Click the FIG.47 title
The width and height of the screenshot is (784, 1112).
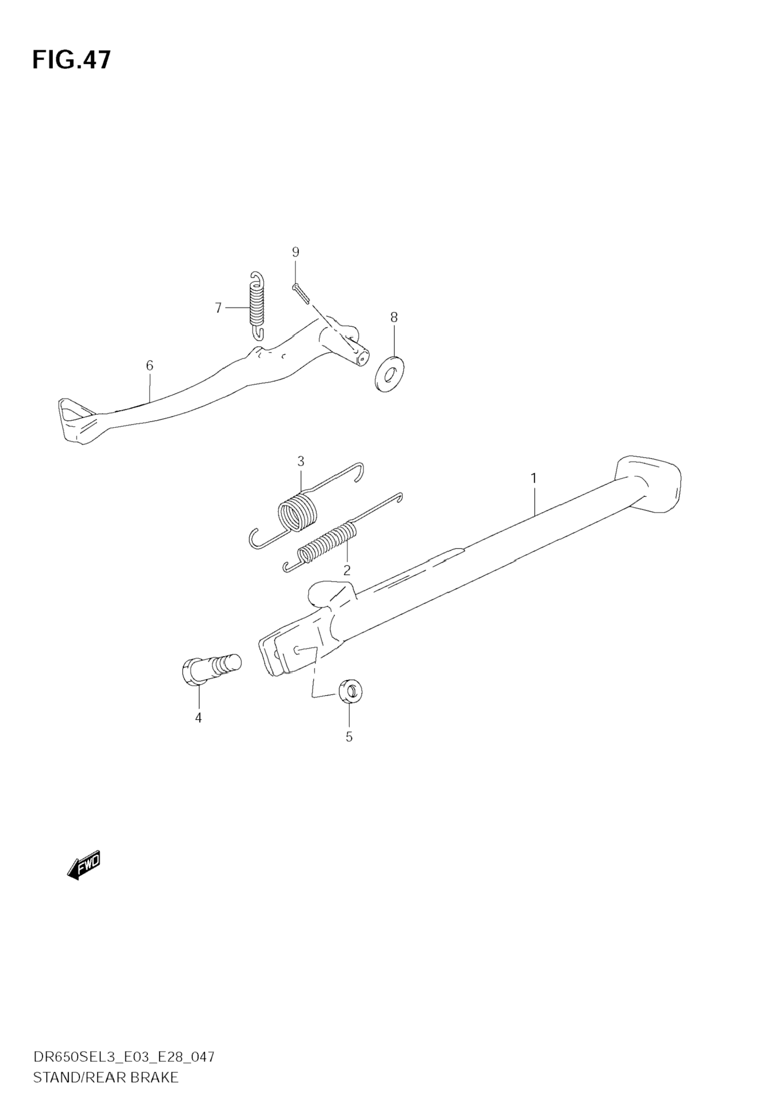[72, 60]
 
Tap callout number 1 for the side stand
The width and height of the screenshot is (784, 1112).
[533, 478]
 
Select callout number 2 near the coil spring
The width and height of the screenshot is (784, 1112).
[346, 570]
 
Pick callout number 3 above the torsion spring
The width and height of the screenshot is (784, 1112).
[301, 461]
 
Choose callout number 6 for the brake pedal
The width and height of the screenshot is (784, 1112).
[149, 366]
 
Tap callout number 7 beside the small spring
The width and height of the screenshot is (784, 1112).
[218, 307]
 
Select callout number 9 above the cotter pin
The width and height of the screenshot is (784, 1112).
[295, 252]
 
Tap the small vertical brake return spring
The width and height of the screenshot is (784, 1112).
[257, 305]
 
